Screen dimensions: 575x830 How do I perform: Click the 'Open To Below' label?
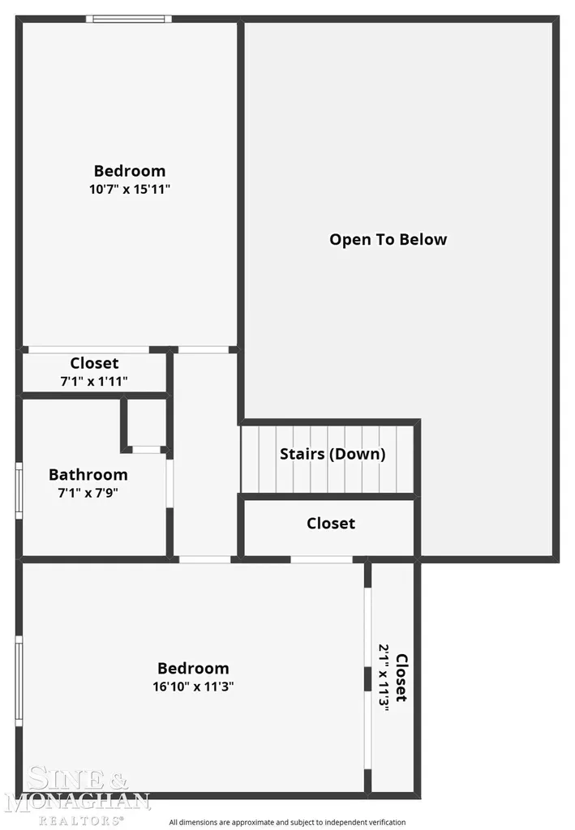point(388,240)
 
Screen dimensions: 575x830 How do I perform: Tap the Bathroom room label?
point(88,475)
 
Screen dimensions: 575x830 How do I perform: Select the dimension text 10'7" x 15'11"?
point(130,189)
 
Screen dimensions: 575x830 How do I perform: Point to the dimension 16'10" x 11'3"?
point(193,687)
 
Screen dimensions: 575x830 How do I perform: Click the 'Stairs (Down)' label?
point(333,454)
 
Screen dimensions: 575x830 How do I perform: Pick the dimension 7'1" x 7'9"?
point(88,493)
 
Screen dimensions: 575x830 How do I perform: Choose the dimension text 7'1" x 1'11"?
point(94,381)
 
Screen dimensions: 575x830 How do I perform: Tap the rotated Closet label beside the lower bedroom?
point(402,678)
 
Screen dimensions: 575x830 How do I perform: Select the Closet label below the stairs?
point(331,524)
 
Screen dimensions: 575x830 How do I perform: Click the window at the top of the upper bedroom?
point(129,19)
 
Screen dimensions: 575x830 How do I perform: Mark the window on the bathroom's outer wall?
point(19,490)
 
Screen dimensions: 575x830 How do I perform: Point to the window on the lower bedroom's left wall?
point(19,681)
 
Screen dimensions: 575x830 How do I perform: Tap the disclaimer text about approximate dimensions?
point(287,822)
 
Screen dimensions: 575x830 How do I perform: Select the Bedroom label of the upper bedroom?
point(130,171)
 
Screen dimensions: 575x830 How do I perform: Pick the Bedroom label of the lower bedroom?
point(193,669)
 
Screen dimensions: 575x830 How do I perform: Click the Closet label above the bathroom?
point(94,363)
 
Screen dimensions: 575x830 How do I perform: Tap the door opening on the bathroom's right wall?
point(170,484)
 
